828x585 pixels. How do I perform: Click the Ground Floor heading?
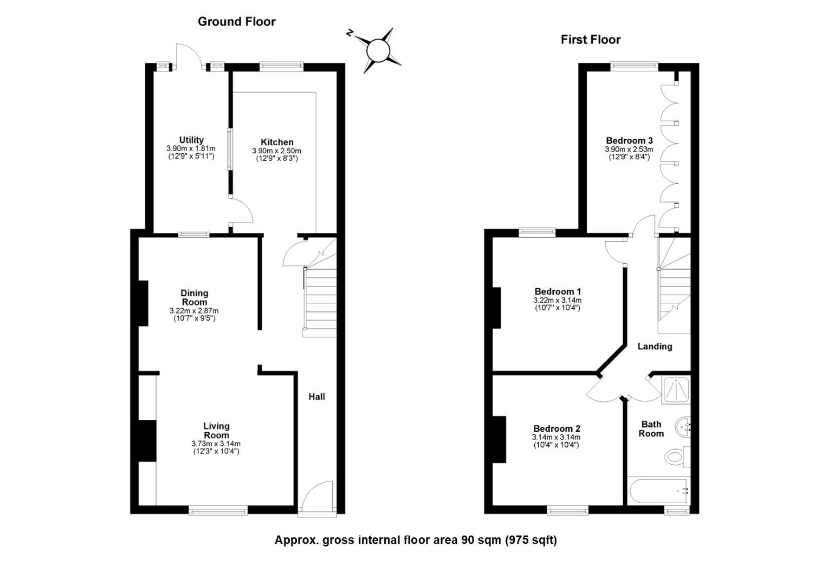237,22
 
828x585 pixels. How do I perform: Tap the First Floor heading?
590,40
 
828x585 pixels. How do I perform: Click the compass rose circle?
378,50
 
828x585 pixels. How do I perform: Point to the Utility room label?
191,140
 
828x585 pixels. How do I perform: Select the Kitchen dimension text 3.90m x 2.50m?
276,151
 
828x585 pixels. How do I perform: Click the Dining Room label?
195,297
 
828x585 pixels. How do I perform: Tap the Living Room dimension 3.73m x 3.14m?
216,444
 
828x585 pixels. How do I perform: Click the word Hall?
317,396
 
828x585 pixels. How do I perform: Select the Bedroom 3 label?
629,140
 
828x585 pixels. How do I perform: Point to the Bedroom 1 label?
558,291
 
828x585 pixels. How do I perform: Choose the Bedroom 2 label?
557,428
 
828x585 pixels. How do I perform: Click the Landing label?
655,347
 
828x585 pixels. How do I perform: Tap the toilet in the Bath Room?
677,457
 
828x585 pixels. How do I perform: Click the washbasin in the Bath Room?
683,427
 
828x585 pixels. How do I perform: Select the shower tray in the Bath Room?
676,390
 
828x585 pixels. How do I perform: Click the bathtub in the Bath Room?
659,491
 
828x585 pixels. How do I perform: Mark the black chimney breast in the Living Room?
147,441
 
